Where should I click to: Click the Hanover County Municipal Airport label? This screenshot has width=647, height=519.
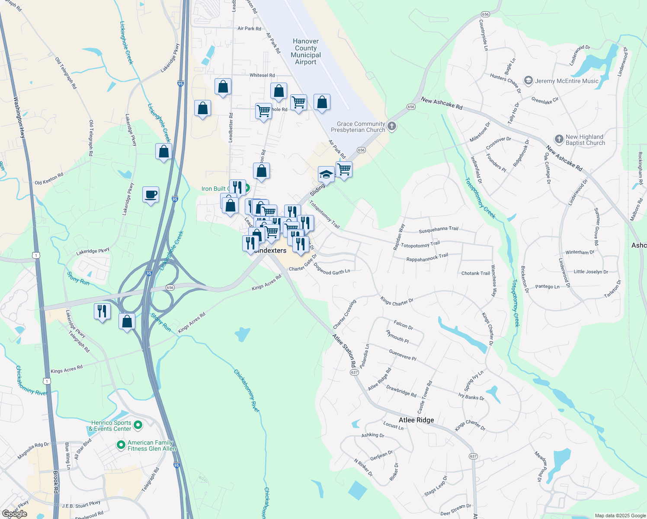(306, 51)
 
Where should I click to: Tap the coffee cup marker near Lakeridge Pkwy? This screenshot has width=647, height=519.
(151, 195)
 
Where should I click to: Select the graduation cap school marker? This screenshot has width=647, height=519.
(326, 175)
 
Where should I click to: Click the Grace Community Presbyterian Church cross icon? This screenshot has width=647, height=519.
(392, 127)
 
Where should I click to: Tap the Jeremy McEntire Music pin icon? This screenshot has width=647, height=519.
(528, 81)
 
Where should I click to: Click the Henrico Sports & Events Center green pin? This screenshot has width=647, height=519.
(138, 426)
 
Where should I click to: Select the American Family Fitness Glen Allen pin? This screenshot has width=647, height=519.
(122, 445)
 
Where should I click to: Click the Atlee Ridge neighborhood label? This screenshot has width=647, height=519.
(416, 420)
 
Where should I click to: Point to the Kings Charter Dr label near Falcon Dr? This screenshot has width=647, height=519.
(397, 301)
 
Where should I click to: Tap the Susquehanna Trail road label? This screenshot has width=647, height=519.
(439, 229)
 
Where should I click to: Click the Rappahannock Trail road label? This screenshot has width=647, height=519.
(427, 257)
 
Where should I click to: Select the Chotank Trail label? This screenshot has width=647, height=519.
(475, 273)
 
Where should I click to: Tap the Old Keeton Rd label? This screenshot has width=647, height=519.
(49, 179)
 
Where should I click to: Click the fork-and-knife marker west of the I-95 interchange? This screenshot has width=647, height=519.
(102, 311)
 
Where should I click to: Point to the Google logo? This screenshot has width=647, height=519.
(15, 514)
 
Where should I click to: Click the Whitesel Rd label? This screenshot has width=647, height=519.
(262, 75)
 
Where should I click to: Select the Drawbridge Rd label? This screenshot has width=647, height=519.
(401, 391)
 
